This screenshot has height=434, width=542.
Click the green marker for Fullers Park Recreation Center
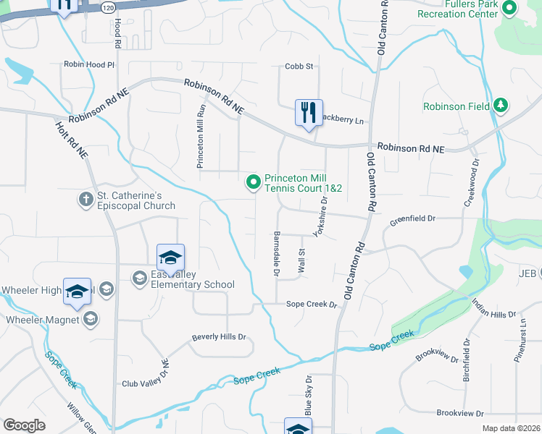coord(509,8)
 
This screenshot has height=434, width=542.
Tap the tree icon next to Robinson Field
coord(500,106)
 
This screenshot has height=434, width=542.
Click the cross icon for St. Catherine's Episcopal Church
coord(86,197)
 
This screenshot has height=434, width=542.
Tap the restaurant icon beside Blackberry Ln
coord(308,113)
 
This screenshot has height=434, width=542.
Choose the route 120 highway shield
coord(108,7)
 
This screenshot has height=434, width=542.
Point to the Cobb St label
coord(299,67)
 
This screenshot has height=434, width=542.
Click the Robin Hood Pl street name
coord(89,64)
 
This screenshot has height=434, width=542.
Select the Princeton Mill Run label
coord(202,136)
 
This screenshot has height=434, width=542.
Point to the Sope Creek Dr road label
coord(312,305)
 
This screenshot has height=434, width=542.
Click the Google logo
coord(24,425)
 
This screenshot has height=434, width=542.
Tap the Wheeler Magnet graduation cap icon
coord(91,319)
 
